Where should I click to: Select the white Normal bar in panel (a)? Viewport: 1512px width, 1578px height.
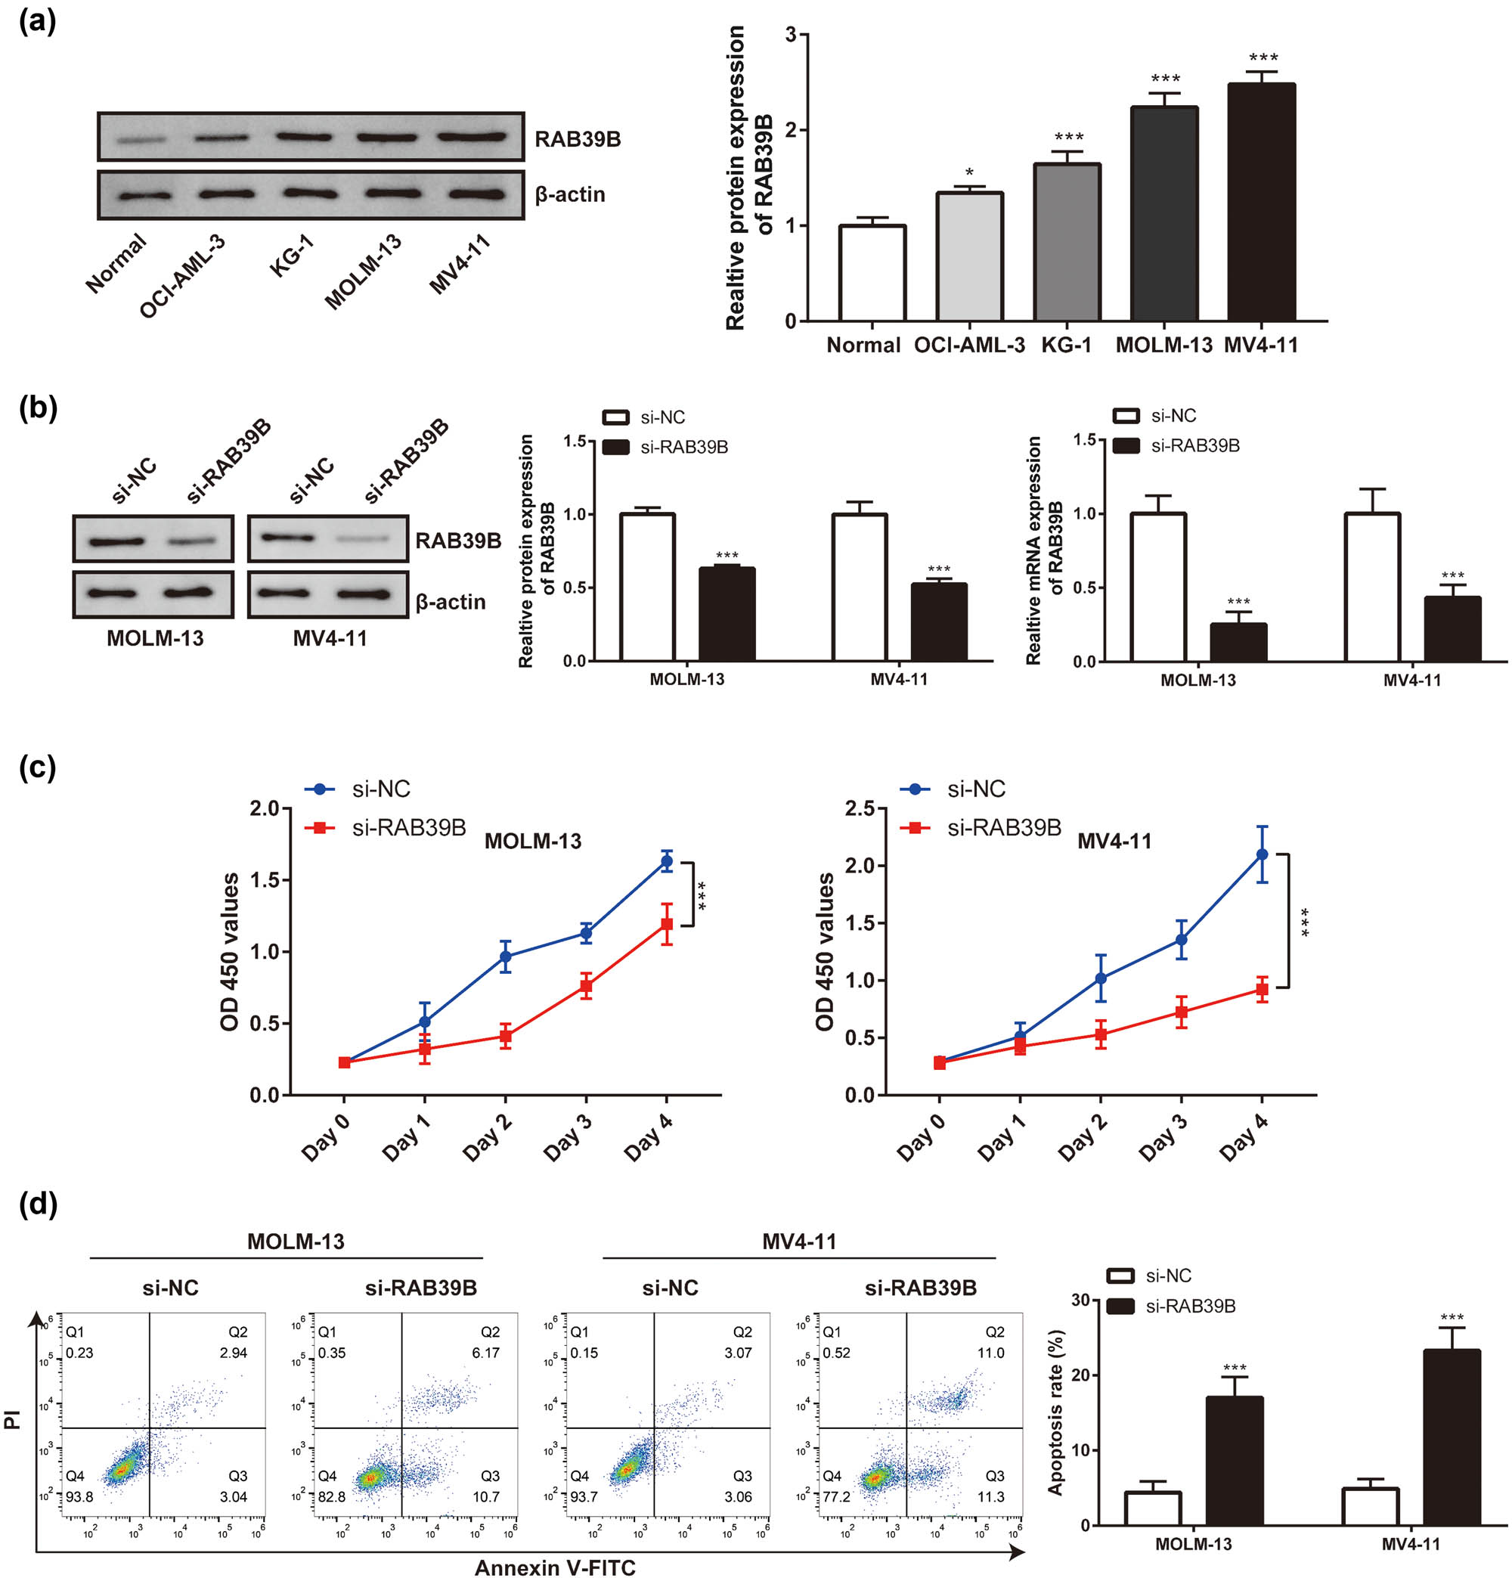(x=872, y=274)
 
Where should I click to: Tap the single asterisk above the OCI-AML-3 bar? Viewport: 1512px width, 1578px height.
(x=969, y=174)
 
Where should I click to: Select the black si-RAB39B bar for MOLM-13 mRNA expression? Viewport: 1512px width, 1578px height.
(x=1238, y=643)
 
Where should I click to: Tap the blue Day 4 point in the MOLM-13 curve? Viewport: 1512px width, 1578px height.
(x=666, y=861)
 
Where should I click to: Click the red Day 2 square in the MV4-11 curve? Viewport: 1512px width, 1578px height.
(x=1101, y=1034)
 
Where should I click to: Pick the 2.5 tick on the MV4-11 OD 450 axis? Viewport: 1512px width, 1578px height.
(x=859, y=808)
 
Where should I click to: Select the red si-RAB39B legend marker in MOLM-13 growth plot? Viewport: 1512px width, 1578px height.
(x=320, y=828)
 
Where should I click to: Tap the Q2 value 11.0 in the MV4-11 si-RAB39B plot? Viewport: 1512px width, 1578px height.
(x=990, y=1353)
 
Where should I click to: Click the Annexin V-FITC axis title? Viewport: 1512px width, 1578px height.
(x=555, y=1567)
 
